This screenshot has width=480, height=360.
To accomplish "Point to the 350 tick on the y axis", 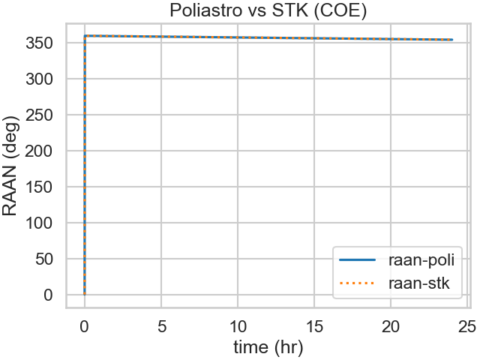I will (x=43, y=43).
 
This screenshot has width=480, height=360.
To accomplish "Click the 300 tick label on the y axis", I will (x=43, y=79).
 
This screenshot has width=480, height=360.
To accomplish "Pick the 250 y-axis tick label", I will (x=43, y=115).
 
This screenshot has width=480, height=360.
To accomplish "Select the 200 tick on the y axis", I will (x=43, y=151).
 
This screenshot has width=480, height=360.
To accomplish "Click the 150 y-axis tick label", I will (x=43, y=187).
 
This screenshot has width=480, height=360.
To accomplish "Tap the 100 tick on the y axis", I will (x=43, y=223).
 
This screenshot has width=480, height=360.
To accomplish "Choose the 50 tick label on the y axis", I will (x=48, y=259).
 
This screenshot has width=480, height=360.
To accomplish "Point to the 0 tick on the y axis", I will (x=52, y=295).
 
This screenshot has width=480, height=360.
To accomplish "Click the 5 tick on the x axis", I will (x=161, y=325).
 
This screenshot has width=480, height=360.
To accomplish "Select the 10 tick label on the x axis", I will (x=238, y=325).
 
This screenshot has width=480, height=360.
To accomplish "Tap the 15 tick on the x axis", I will (x=314, y=325).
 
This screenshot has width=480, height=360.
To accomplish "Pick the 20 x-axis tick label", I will (x=391, y=325).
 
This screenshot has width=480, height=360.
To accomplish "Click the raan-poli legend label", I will (x=422, y=260).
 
